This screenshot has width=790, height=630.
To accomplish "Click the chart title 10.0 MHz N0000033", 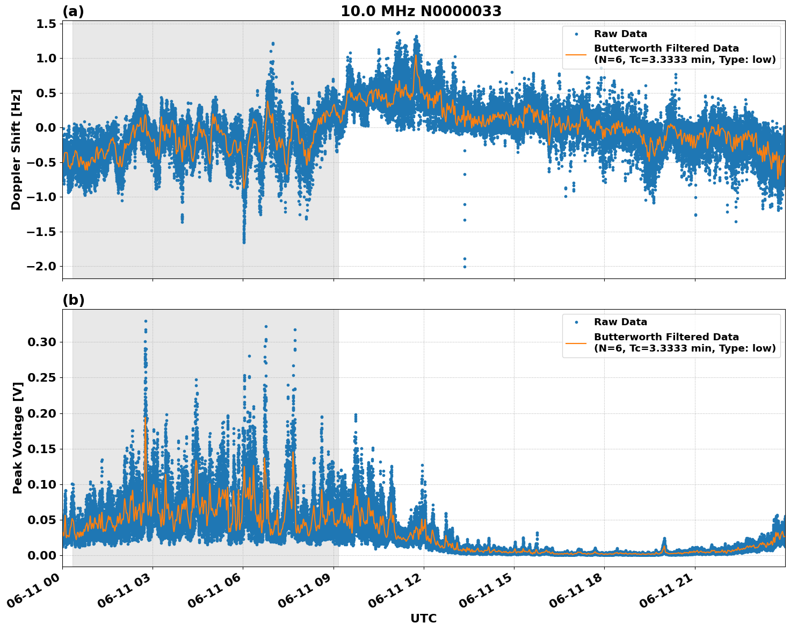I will click(421, 11).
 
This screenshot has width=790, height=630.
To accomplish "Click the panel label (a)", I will click(73, 11).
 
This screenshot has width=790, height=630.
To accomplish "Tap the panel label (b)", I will click(73, 300).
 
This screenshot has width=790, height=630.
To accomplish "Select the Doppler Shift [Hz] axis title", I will click(16, 149).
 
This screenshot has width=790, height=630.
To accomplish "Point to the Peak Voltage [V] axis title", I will click(18, 449).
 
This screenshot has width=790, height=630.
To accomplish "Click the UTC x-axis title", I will click(423, 618).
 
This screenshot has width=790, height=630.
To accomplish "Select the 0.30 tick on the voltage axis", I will click(42, 342).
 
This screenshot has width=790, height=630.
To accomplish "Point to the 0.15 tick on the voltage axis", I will click(42, 449).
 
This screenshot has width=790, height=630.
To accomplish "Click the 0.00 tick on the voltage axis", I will click(42, 555).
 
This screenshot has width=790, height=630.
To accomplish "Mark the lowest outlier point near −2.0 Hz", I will click(465, 267).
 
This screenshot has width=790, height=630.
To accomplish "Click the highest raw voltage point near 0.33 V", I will click(146, 321).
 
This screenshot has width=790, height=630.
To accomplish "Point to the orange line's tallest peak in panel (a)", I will click(416, 55).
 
